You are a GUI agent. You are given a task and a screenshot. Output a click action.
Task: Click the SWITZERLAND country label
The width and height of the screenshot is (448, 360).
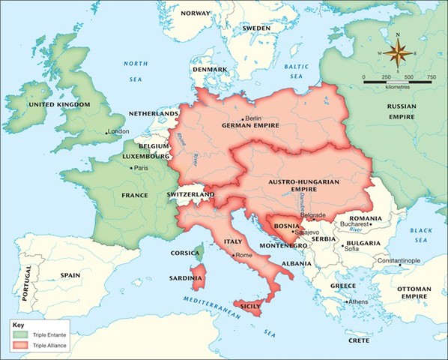(190, 194)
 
